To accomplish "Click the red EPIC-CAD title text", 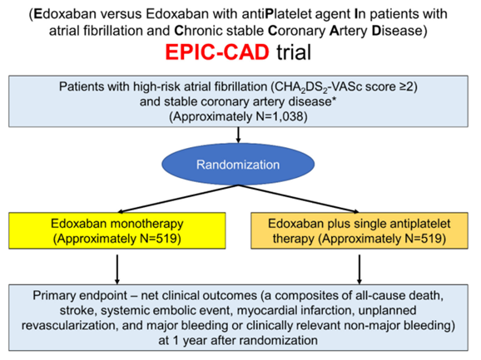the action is point(217,52).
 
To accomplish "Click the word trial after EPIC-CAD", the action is point(294,52).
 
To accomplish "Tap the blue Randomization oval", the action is point(238,165).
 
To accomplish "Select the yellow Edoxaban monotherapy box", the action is point(117,230).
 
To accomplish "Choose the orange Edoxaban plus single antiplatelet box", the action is point(360,230).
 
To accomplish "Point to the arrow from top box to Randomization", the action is point(238,135).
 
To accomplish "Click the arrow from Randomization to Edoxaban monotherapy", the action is point(178,199).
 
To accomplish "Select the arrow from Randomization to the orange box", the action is point(299,199).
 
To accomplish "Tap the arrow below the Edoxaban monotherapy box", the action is point(117,269).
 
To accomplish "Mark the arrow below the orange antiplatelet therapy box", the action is point(360,269).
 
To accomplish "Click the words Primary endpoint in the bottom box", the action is point(80,296).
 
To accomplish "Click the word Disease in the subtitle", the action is point(397,31).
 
